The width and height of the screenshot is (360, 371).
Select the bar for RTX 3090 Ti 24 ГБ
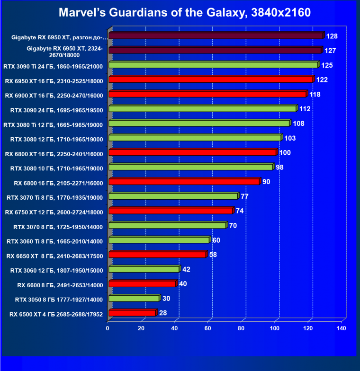click(x=213, y=65)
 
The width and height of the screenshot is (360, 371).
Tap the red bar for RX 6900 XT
click(x=207, y=94)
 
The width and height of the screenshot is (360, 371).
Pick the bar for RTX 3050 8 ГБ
click(x=134, y=298)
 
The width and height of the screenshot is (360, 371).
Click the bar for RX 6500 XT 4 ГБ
click(x=132, y=313)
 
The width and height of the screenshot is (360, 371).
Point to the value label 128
click(x=332, y=36)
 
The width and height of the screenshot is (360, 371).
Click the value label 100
click(x=285, y=153)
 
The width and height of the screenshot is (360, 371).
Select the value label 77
click(x=244, y=196)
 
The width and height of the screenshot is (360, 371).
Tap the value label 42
click(x=186, y=269)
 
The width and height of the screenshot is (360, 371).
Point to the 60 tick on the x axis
click(x=208, y=328)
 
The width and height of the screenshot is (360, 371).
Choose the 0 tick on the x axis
click(x=108, y=328)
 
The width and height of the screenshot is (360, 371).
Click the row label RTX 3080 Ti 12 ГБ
click(x=53, y=124)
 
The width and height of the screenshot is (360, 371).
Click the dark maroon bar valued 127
click(x=215, y=50)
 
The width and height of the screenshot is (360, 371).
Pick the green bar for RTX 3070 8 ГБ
click(x=167, y=225)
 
